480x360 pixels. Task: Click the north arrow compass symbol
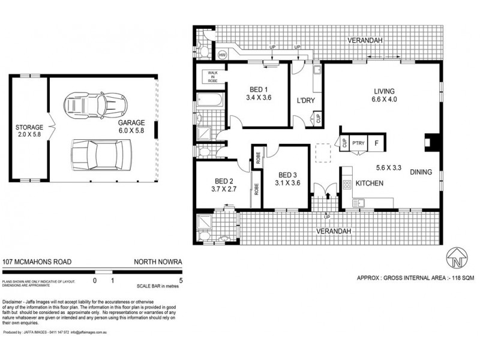457,258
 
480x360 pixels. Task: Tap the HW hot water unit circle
223,55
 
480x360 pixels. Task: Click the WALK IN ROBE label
213,76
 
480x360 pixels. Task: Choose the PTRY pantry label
359,143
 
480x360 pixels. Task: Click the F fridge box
376,143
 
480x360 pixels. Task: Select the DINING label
421,172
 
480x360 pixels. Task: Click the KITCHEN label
369,183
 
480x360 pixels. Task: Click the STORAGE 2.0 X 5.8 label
29,131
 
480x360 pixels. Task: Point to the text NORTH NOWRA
158,262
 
